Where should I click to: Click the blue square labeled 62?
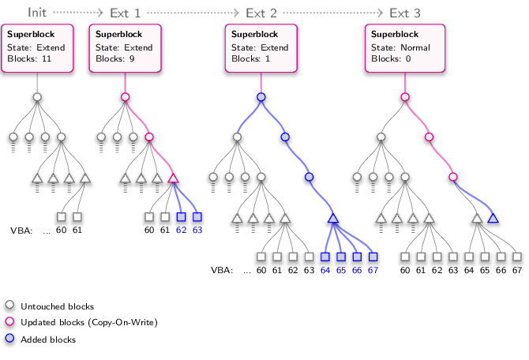tap(181, 217)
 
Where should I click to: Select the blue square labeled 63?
tap(197, 217)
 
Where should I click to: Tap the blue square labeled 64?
tap(325, 257)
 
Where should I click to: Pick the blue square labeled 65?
tap(341, 257)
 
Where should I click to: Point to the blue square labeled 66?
tap(357, 257)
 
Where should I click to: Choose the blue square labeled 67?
tap(373, 257)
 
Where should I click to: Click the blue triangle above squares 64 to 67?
tap(333, 219)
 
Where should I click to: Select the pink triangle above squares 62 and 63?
tap(173, 178)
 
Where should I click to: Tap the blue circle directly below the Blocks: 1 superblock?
tap(261, 97)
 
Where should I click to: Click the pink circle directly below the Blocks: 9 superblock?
tap(125, 97)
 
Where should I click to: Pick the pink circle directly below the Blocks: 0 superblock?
tap(405, 97)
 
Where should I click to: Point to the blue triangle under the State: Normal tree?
tap(493, 219)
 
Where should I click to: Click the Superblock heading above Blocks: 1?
tap(255, 35)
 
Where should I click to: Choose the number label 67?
tap(373, 271)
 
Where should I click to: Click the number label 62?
tap(181, 231)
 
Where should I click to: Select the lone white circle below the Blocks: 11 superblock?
tap(37, 97)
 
